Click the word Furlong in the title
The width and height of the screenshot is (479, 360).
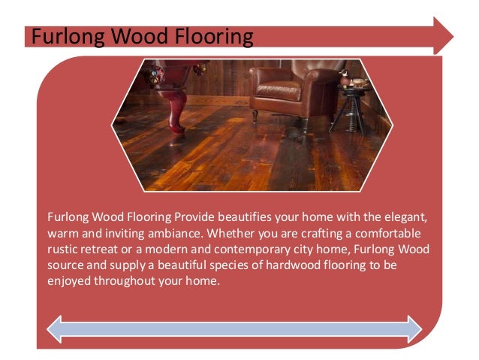(60, 36)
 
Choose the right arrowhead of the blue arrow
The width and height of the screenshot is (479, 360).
(412, 328)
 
